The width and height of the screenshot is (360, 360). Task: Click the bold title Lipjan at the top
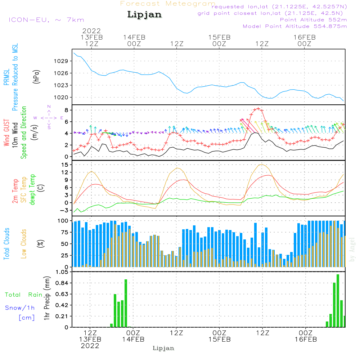(x=144, y=15)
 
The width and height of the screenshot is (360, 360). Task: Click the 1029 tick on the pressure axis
(x=62, y=61)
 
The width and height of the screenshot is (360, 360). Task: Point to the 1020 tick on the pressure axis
(x=62, y=97)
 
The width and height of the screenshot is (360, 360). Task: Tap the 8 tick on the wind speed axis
(x=66, y=110)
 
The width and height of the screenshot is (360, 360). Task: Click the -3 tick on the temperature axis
(x=64, y=210)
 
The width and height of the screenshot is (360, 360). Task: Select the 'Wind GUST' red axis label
(x=7, y=133)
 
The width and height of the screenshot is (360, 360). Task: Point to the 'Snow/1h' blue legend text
(x=20, y=308)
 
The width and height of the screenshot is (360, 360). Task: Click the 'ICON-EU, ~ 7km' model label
(x=46, y=20)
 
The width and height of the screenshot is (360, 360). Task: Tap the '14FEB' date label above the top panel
(x=134, y=37)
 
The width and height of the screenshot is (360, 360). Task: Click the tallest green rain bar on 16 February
(x=338, y=301)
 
